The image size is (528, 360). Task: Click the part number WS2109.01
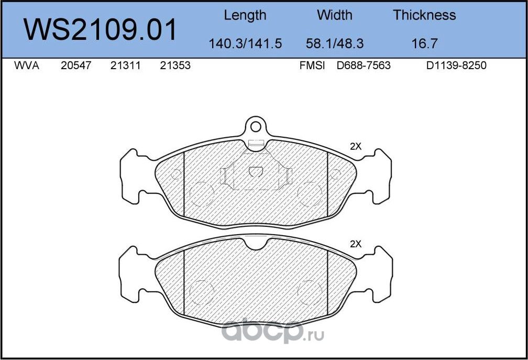click(x=100, y=30)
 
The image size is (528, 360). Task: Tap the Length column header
click(x=245, y=16)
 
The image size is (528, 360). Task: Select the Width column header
click(x=334, y=15)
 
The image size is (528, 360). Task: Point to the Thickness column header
click(x=424, y=15)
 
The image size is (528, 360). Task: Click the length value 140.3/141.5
click(x=245, y=43)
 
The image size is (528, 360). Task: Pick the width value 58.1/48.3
click(x=334, y=43)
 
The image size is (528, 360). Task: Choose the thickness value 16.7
click(x=424, y=43)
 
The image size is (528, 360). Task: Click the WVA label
click(x=27, y=66)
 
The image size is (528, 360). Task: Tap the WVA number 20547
click(x=76, y=66)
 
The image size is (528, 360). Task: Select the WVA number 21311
click(x=125, y=66)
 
